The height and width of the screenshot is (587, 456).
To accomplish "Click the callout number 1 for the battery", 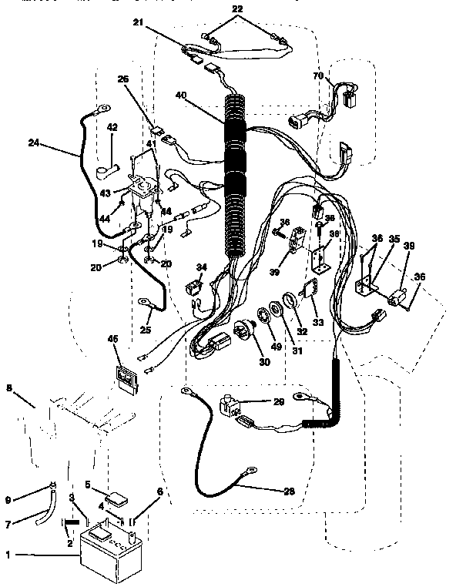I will (x=9, y=555).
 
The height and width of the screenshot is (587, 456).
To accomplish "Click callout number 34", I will (x=201, y=267).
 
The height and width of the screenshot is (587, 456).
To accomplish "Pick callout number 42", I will (x=112, y=127).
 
